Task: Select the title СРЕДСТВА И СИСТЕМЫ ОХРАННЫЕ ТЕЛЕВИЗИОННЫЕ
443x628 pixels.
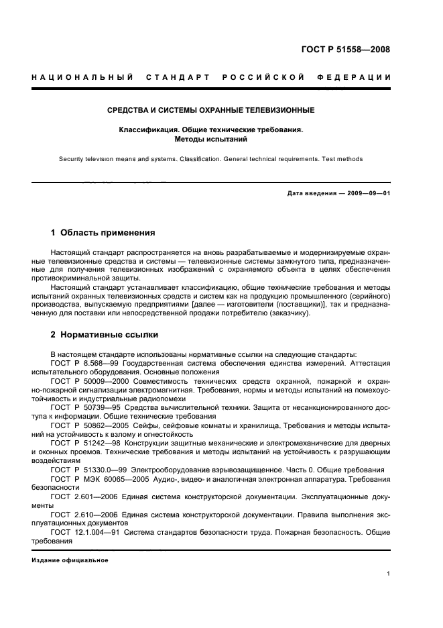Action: click(x=211, y=109)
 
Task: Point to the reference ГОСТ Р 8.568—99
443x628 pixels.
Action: click(x=81, y=363)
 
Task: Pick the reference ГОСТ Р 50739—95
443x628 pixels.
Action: click(x=82, y=407)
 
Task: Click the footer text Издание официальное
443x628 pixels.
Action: click(x=70, y=560)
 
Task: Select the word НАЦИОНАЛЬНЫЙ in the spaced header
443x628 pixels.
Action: click(x=82, y=77)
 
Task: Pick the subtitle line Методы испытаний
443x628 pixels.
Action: click(x=211, y=140)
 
